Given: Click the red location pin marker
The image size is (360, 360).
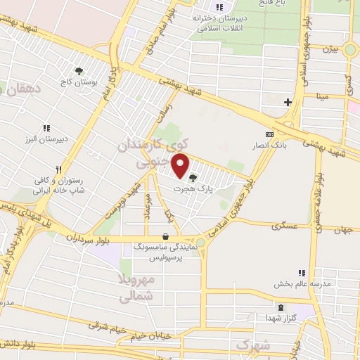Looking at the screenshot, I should (x=181, y=167).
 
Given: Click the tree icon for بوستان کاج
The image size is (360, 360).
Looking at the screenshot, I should (x=79, y=71).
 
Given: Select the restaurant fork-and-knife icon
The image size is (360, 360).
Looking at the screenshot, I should (x=60, y=169).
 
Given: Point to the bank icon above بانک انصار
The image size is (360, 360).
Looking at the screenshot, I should (x=268, y=134).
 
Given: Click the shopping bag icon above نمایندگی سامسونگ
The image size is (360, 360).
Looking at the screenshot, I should (x=165, y=237).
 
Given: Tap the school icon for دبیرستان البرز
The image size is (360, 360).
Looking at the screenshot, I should (x=46, y=128).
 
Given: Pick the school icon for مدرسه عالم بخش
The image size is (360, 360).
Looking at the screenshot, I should (x=301, y=273).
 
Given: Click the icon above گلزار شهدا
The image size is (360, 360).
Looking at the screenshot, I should (x=281, y=307).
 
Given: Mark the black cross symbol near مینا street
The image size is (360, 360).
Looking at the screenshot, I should (x=287, y=103).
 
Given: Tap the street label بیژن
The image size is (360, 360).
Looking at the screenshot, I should (x=330, y=50).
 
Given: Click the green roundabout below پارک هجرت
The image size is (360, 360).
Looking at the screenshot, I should (x=200, y=243).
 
